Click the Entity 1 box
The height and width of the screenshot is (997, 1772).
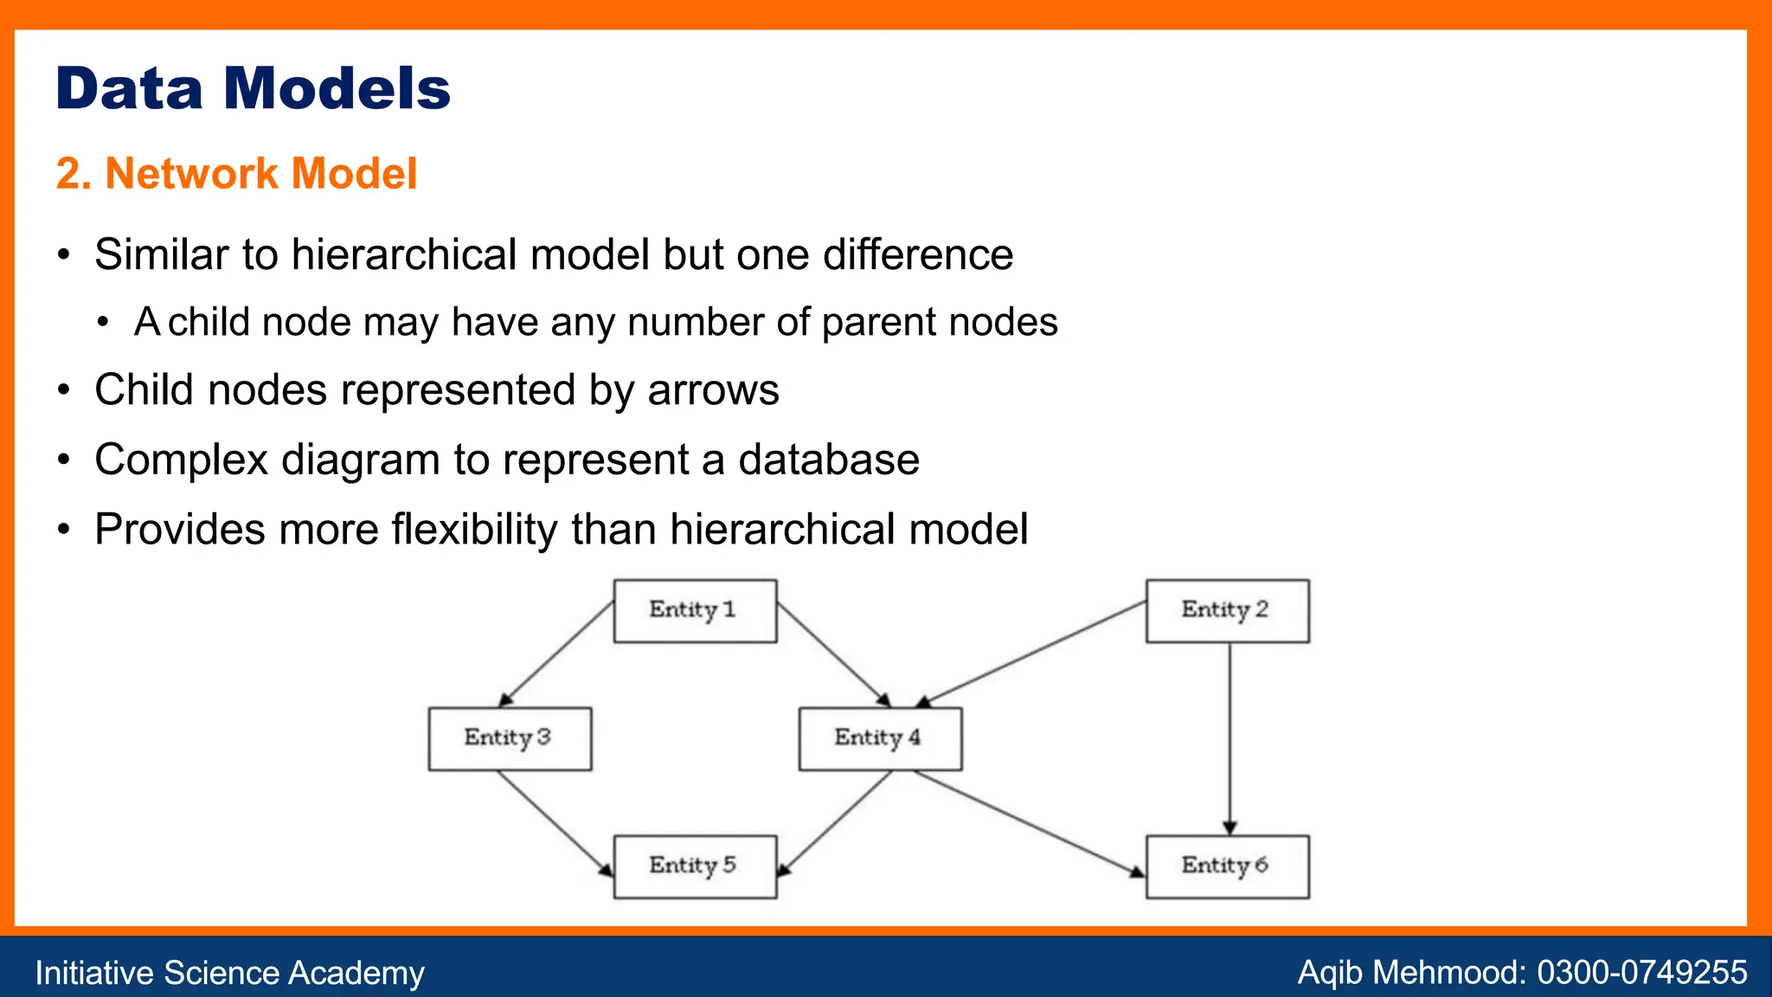[x=695, y=611]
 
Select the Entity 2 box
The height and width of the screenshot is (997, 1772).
[x=1227, y=611]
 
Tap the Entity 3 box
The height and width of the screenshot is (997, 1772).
[x=510, y=738]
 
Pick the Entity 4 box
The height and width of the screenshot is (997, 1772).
[x=880, y=738]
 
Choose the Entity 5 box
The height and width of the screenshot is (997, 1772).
[x=695, y=866]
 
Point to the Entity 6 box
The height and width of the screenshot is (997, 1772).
[x=1227, y=866]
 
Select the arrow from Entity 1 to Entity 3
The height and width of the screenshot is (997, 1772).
[x=556, y=654]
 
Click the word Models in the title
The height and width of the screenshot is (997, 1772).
[x=337, y=88]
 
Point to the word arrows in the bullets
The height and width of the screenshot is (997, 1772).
[x=713, y=389]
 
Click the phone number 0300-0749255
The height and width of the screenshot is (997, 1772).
[x=1641, y=972]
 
